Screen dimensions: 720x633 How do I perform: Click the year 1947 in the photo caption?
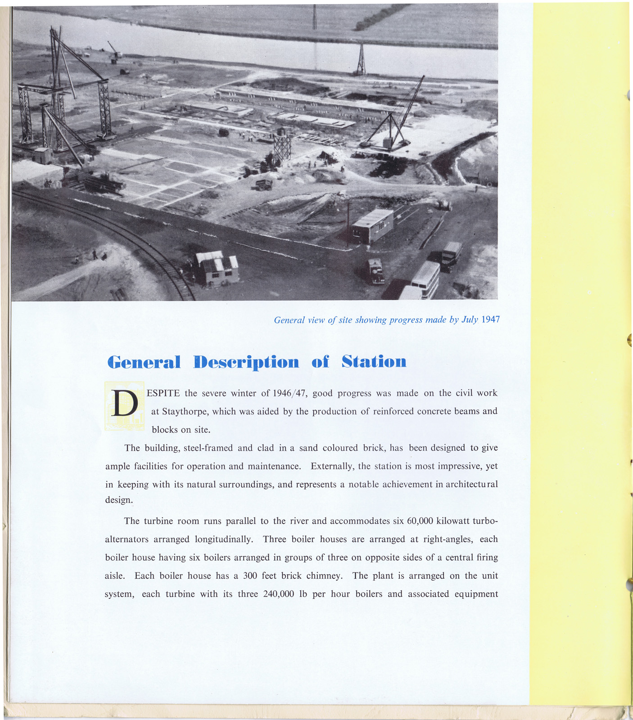click(490, 319)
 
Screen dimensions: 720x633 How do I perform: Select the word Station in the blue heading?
click(374, 362)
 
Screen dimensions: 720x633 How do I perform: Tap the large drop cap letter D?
click(124, 405)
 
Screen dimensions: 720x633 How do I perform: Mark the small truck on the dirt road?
click(263, 184)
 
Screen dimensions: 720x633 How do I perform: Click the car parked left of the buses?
click(375, 271)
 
